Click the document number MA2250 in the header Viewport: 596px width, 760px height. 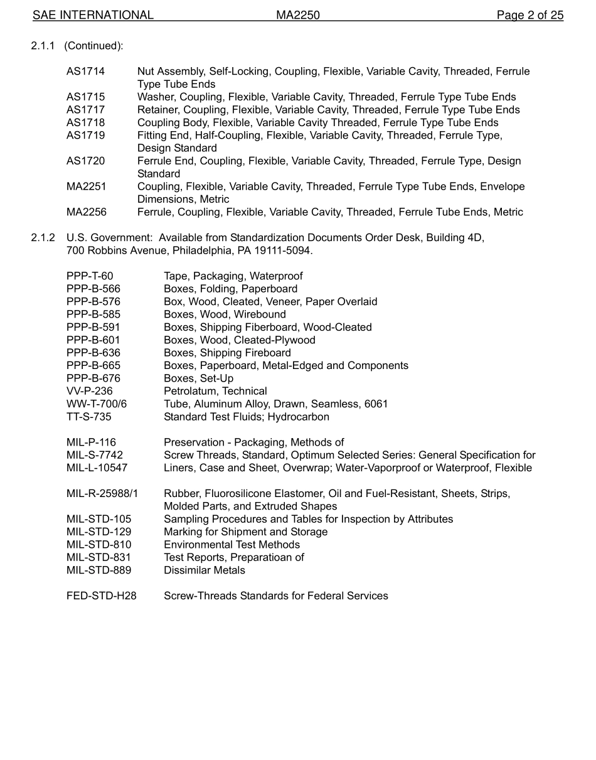(x=298, y=15)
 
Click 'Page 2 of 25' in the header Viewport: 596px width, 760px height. (x=529, y=15)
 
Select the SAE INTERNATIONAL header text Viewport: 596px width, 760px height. (x=93, y=15)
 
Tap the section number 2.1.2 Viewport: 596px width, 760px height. (x=43, y=238)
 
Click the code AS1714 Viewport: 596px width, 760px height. (x=85, y=72)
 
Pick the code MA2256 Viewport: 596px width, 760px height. (x=87, y=212)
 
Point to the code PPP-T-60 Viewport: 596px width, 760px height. (x=90, y=276)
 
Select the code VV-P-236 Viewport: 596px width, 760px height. (x=90, y=391)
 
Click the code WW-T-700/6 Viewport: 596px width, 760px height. (x=96, y=404)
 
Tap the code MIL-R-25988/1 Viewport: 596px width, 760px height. (x=102, y=494)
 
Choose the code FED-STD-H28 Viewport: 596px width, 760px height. (x=101, y=596)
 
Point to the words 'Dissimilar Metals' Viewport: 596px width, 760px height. (x=205, y=570)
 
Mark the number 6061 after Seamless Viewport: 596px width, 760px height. (x=376, y=404)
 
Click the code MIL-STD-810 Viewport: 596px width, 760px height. (x=98, y=545)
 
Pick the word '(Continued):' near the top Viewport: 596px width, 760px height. (x=93, y=46)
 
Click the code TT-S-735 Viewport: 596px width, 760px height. (x=88, y=417)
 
